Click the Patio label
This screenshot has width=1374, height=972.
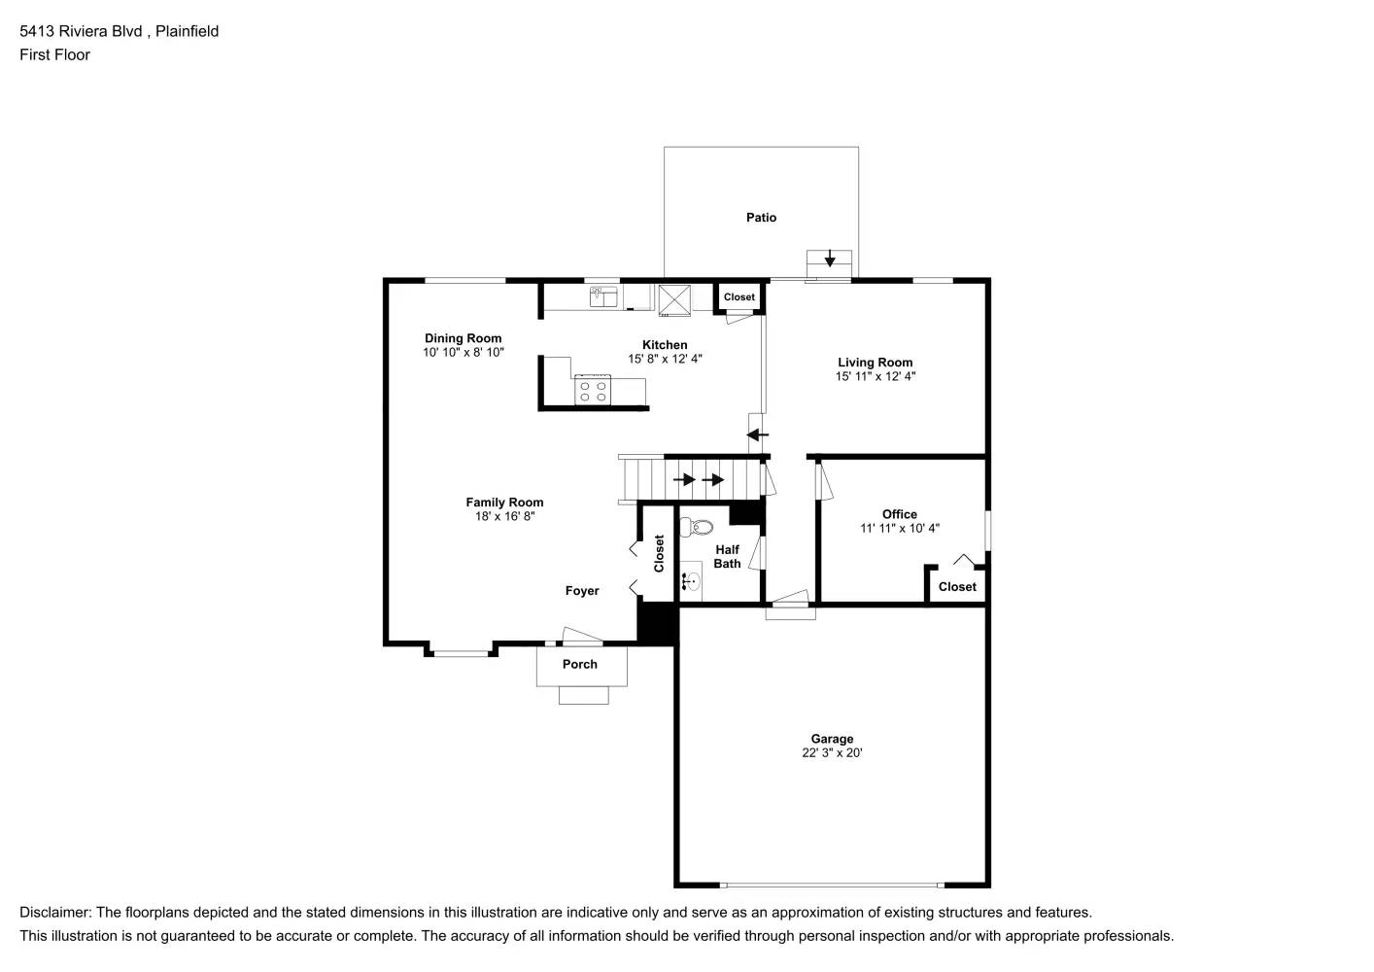761,218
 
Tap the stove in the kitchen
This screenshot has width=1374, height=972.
593,391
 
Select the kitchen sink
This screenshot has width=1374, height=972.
603,296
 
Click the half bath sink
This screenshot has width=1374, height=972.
691,582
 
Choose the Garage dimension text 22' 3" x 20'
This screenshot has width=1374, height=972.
832,752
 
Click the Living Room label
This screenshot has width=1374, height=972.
875,363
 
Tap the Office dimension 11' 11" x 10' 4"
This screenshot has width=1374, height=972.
899,529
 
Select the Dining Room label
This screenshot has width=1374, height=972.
463,338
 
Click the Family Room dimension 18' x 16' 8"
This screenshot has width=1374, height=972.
504,516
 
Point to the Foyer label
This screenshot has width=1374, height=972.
582,591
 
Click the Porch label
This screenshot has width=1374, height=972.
580,665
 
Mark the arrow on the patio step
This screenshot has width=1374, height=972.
829,260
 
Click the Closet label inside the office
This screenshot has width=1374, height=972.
957,587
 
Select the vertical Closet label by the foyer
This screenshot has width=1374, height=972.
659,553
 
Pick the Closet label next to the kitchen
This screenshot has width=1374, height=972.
739,297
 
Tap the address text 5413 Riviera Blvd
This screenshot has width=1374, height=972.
82,31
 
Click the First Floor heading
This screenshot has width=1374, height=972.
54,54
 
